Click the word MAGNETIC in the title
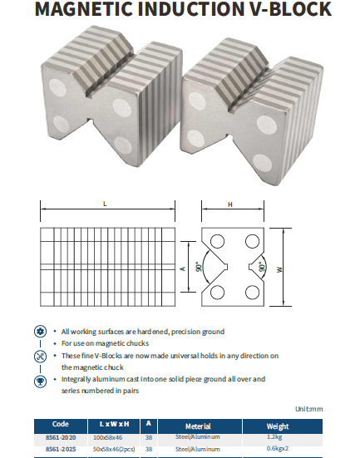(83, 9)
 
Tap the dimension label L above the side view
(105, 204)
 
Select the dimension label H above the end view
(230, 204)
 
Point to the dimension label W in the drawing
(279, 269)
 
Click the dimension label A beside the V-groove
(183, 268)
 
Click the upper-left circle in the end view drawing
(217, 242)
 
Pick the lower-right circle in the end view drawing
(252, 293)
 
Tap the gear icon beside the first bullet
(41, 332)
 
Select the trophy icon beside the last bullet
(41, 382)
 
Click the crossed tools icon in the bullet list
(41, 357)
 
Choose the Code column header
(61, 424)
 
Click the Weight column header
(278, 426)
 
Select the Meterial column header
(198, 426)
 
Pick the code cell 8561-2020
(61, 437)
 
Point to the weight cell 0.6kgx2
(278, 448)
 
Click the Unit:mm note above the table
(308, 409)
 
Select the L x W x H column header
(114, 424)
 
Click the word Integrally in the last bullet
(76, 379)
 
